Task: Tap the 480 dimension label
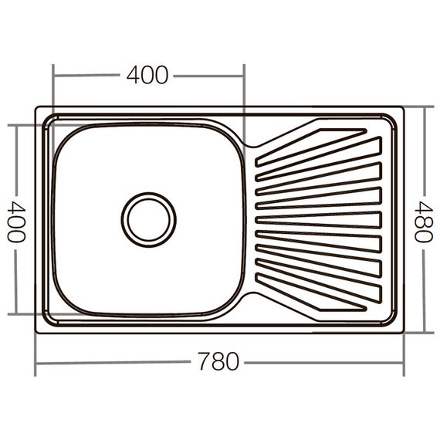(423, 221)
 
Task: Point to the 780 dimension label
(218, 361)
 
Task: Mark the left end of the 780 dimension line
(36, 361)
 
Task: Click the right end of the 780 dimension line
(404, 361)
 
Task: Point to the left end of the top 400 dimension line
(53, 76)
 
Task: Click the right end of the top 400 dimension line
(244, 76)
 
